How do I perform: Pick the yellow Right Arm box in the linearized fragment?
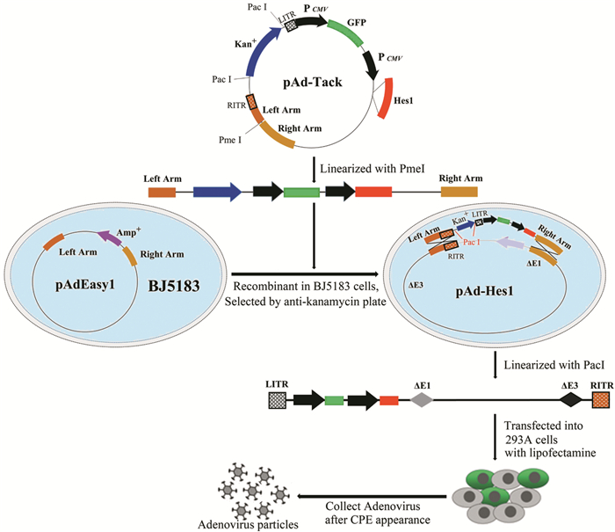click(459, 190)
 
